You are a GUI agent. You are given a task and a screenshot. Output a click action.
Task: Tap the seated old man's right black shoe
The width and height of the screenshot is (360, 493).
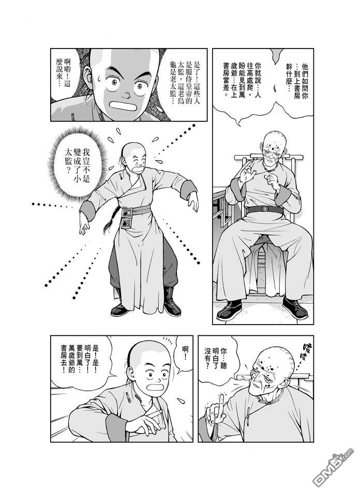click(295, 307)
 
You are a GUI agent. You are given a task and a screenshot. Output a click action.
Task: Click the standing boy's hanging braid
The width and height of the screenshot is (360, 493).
click(110, 221)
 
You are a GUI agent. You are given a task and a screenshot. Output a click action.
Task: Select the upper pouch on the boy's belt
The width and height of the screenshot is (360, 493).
click(127, 213)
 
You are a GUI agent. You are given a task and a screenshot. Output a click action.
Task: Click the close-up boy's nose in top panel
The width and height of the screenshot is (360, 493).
click(126, 94)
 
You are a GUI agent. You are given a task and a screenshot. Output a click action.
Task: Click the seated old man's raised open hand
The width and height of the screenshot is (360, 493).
click(247, 172)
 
